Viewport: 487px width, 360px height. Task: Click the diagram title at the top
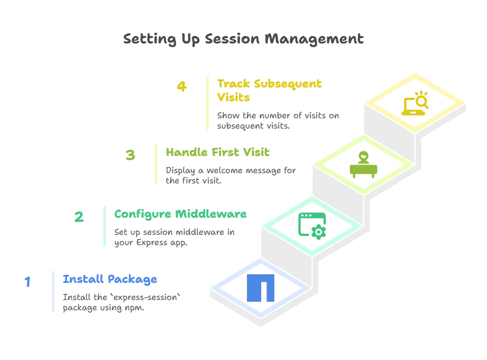244,39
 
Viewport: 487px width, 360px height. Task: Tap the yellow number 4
182,87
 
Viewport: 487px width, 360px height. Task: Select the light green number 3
131,155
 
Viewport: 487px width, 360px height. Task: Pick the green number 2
79,217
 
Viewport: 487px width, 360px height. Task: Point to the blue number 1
27,281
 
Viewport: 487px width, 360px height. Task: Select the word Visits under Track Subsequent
234,98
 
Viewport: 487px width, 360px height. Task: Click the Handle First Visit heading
217,153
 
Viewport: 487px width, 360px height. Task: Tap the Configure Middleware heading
181,214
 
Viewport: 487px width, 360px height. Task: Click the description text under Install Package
122,302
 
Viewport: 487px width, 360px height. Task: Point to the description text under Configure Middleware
174,238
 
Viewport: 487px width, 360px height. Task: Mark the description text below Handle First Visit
230,175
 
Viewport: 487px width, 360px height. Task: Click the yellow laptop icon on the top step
415,104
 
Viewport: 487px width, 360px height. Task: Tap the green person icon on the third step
364,165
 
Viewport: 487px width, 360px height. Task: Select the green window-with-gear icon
312,224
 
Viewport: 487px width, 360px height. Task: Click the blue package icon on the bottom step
261,287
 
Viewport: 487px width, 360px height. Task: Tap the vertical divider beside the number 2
105,226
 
